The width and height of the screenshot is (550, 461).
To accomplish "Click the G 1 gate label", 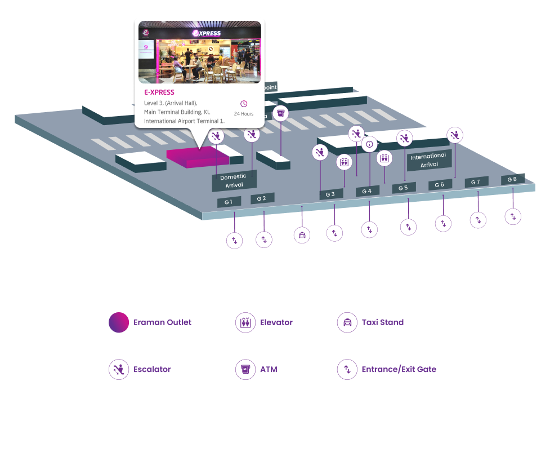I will pyautogui.click(x=229, y=202).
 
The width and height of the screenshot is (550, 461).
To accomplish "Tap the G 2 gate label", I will pyautogui.click(x=262, y=198).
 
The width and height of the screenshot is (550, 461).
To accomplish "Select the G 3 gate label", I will pyautogui.click(x=330, y=194).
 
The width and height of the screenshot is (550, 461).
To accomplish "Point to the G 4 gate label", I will pyautogui.click(x=367, y=191).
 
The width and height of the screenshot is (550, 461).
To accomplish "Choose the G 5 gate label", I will pyautogui.click(x=404, y=188).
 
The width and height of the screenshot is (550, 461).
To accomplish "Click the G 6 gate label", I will pyautogui.click(x=440, y=184).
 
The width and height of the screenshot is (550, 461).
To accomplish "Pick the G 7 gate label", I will pyautogui.click(x=476, y=181).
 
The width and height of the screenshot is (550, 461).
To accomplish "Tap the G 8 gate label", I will pyautogui.click(x=512, y=179).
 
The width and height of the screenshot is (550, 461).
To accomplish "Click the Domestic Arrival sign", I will pyautogui.click(x=234, y=181).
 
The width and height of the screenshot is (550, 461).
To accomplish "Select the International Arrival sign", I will pyautogui.click(x=429, y=160).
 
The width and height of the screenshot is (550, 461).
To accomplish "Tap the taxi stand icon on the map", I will pyautogui.click(x=302, y=234).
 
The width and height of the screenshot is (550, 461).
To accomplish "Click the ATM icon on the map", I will pyautogui.click(x=280, y=113).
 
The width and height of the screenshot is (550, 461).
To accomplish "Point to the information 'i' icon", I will pyautogui.click(x=369, y=144).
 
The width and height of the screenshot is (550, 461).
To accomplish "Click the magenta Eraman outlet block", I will pyautogui.click(x=197, y=157).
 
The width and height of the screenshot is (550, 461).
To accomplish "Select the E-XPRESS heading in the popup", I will pyautogui.click(x=159, y=92).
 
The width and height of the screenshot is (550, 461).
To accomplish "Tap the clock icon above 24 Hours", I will pyautogui.click(x=244, y=104).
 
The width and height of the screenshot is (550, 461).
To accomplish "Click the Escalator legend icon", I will pyautogui.click(x=119, y=370).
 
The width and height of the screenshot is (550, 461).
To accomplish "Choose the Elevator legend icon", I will pyautogui.click(x=245, y=322).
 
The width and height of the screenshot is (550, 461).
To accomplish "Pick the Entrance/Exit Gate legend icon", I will pyautogui.click(x=347, y=370).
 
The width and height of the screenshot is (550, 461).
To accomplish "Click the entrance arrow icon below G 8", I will pyautogui.click(x=513, y=216).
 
